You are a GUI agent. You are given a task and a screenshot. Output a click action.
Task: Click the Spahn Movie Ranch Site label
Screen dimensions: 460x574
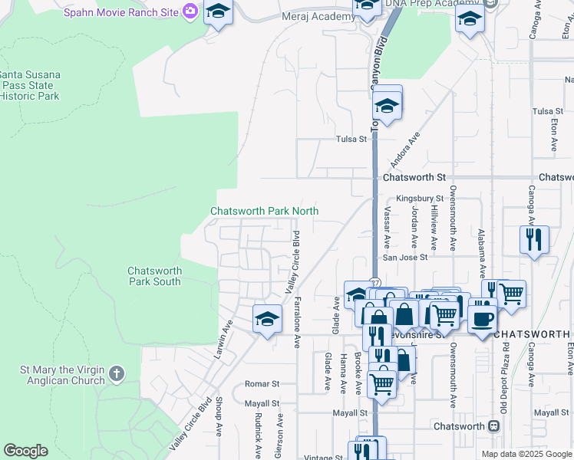pyautogui.click(x=120, y=13)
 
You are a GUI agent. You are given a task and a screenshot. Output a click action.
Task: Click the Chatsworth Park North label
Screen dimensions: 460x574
pyautogui.click(x=265, y=211)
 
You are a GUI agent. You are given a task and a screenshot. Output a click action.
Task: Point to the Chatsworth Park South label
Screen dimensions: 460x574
pyautogui.click(x=154, y=276)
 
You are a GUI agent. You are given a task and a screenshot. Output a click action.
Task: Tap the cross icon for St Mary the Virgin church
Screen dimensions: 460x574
pyautogui.click(x=116, y=373)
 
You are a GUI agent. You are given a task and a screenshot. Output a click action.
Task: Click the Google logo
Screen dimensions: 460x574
pyautogui.click(x=25, y=451)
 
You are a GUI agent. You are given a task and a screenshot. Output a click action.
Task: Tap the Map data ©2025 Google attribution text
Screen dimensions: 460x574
pyautogui.click(x=526, y=454)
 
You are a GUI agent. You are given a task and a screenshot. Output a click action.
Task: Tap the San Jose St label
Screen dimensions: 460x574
pyautogui.click(x=405, y=258)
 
